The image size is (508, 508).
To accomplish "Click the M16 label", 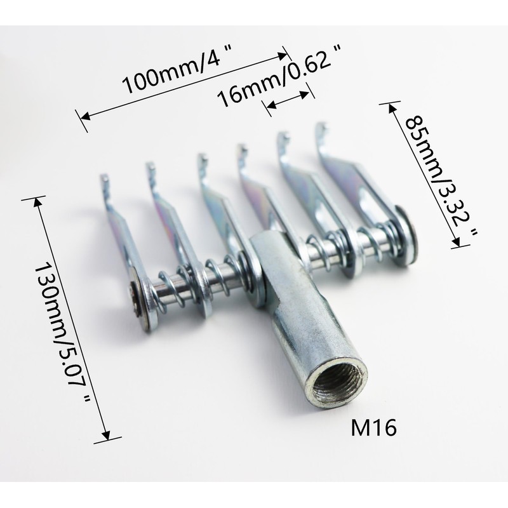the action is click(374, 427).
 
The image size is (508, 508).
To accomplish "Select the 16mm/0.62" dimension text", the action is click(279, 76).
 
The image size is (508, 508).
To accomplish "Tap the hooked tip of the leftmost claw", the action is click(104, 180).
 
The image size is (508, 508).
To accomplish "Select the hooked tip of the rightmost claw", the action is click(321, 129).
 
